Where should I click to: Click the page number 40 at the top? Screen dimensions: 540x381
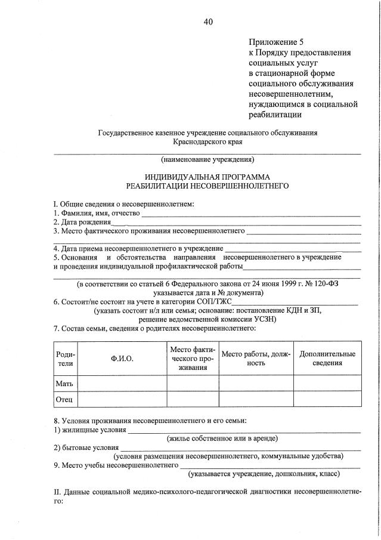pyautogui.click(x=207, y=22)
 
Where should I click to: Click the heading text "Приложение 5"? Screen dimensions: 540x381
pyautogui.click(x=276, y=42)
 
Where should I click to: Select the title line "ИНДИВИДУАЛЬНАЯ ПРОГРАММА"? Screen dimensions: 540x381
pyautogui.click(x=207, y=177)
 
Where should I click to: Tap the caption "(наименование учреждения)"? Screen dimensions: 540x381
pyautogui.click(x=207, y=159)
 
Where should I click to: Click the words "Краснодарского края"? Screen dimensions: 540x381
pyautogui.click(x=207, y=143)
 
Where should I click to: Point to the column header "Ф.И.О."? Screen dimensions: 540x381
pyautogui.click(x=122, y=358)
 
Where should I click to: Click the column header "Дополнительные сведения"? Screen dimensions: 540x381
pyautogui.click(x=327, y=358)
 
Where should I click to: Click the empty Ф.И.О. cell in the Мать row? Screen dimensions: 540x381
pyautogui.click(x=122, y=382)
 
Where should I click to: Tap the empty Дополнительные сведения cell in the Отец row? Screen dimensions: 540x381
pyautogui.click(x=327, y=398)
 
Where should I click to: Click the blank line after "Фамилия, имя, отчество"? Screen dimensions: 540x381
pyautogui.click(x=250, y=214)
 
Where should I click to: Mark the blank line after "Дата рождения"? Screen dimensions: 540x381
pyautogui.click(x=238, y=223)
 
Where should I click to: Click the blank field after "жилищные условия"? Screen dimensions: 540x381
pyautogui.click(x=244, y=430)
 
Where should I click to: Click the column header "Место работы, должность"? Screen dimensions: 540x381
pyautogui.click(x=256, y=358)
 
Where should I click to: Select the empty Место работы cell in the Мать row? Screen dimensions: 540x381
pyautogui.click(x=256, y=382)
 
